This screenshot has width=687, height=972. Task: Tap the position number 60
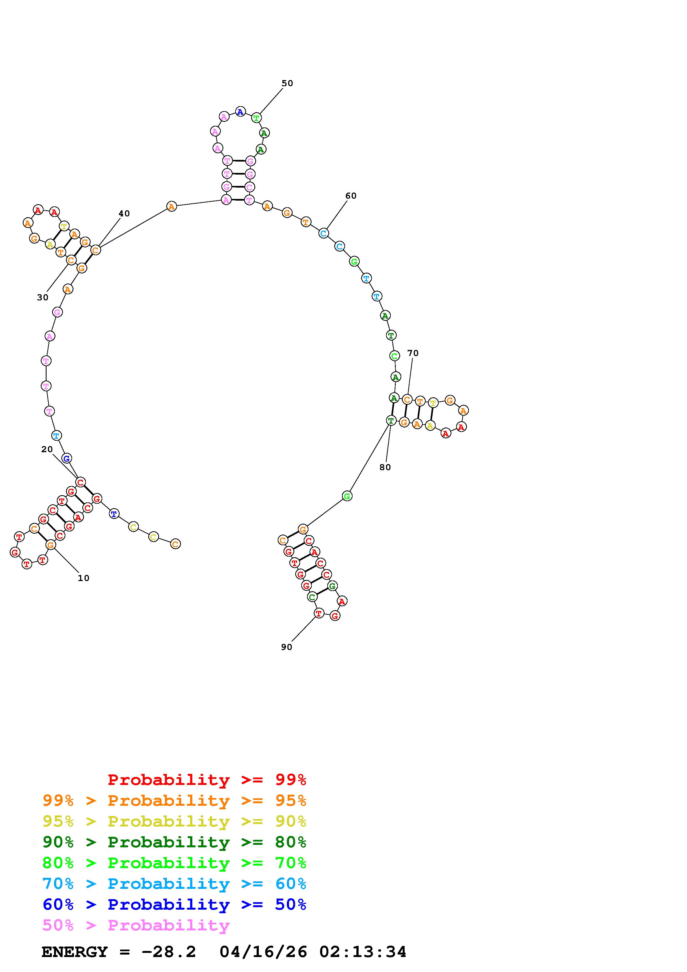point(351,196)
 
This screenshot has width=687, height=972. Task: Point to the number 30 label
point(43,297)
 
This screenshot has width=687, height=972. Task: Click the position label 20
point(47,449)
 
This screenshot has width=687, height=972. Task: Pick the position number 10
point(83,578)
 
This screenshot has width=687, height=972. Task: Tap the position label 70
point(413,353)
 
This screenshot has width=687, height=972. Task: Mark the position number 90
point(287,647)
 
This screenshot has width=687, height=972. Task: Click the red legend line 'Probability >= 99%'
point(207,780)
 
